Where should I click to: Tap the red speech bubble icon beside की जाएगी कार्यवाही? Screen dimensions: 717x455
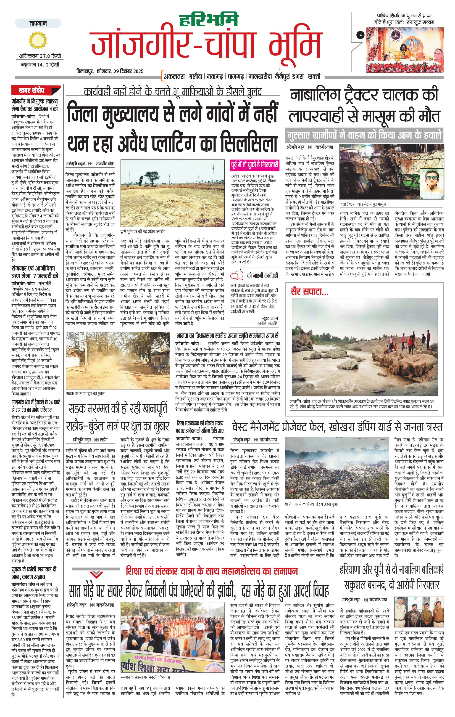point(239,275)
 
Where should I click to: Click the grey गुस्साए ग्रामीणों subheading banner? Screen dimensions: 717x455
point(364,135)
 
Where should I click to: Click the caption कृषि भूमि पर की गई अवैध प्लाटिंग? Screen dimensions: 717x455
point(144,231)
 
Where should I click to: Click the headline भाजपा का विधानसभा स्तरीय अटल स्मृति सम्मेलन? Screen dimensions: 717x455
point(227,336)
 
